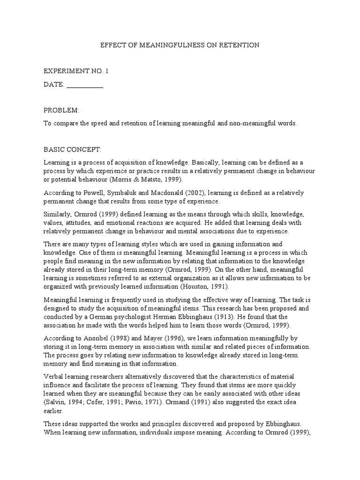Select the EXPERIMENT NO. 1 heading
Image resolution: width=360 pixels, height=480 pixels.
click(x=76, y=71)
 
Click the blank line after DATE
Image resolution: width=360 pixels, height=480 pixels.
click(x=85, y=85)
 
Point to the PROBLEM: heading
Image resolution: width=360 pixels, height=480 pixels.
click(x=61, y=110)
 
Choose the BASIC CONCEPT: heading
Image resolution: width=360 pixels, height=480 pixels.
click(x=73, y=150)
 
